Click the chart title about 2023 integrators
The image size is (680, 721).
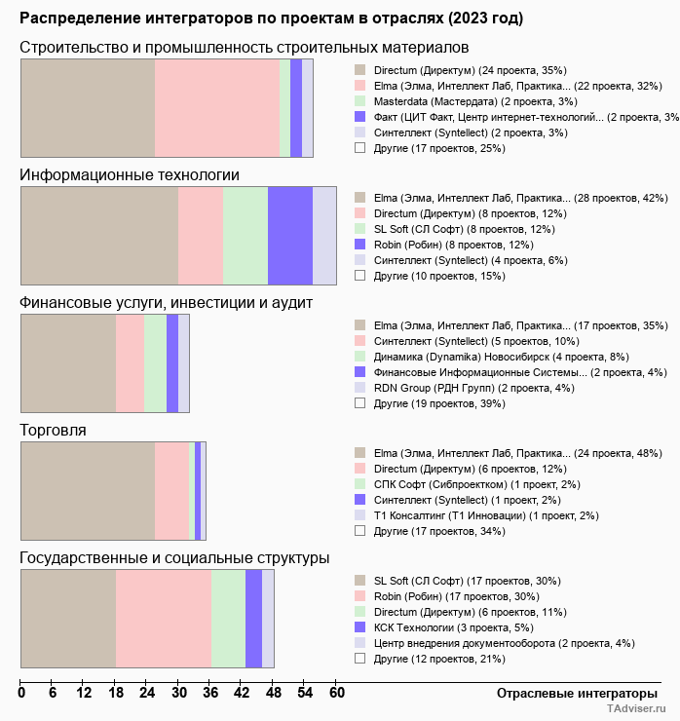tap(271, 19)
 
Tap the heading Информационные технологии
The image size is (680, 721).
tap(130, 175)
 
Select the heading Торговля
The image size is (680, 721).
tap(54, 430)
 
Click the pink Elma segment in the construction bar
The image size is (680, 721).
tap(217, 107)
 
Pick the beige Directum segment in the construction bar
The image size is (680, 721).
tap(88, 107)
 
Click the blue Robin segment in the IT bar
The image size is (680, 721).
tap(290, 235)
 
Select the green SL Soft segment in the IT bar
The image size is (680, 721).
tap(246, 235)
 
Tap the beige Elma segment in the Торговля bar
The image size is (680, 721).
tap(88, 490)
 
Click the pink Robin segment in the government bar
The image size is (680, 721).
tap(164, 619)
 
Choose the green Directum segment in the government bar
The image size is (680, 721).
tap(228, 619)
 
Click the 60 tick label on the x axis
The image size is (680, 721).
tap(336, 694)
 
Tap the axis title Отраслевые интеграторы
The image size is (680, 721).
tap(571, 694)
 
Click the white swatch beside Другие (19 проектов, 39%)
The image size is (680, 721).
tap(359, 403)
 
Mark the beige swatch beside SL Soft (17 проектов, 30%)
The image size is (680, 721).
tap(359, 581)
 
